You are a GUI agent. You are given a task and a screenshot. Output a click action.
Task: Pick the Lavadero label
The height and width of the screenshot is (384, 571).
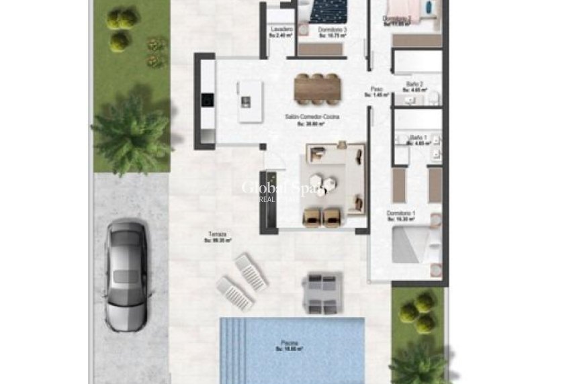pos(281,31)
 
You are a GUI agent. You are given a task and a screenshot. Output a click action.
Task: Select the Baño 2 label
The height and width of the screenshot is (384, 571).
pos(414,85)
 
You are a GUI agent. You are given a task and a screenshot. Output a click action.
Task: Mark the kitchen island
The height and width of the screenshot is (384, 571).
pos(247,101)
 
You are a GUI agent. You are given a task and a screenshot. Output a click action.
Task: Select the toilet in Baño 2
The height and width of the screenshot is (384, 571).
pos(433,99)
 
